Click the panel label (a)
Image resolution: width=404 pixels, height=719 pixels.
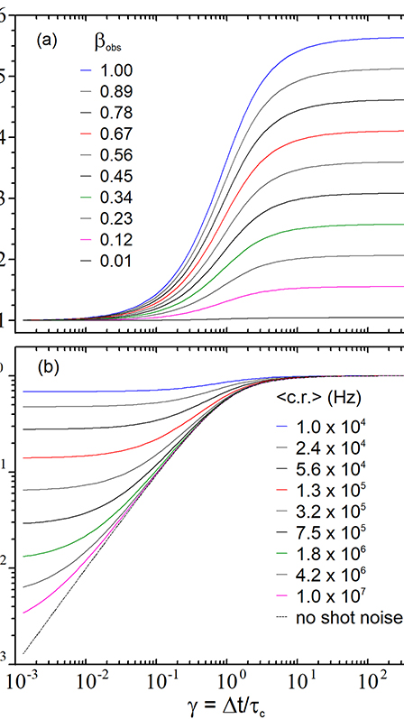pyautogui.click(x=49, y=41)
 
